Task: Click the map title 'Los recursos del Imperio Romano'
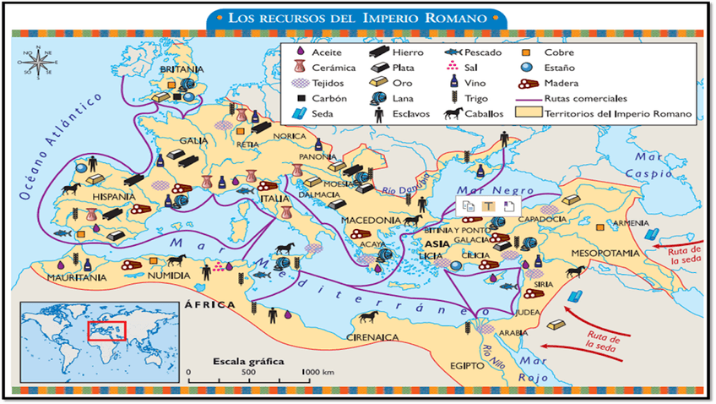tap(358, 17)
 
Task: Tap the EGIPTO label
tap(467, 365)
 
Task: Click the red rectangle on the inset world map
tap(107, 328)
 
